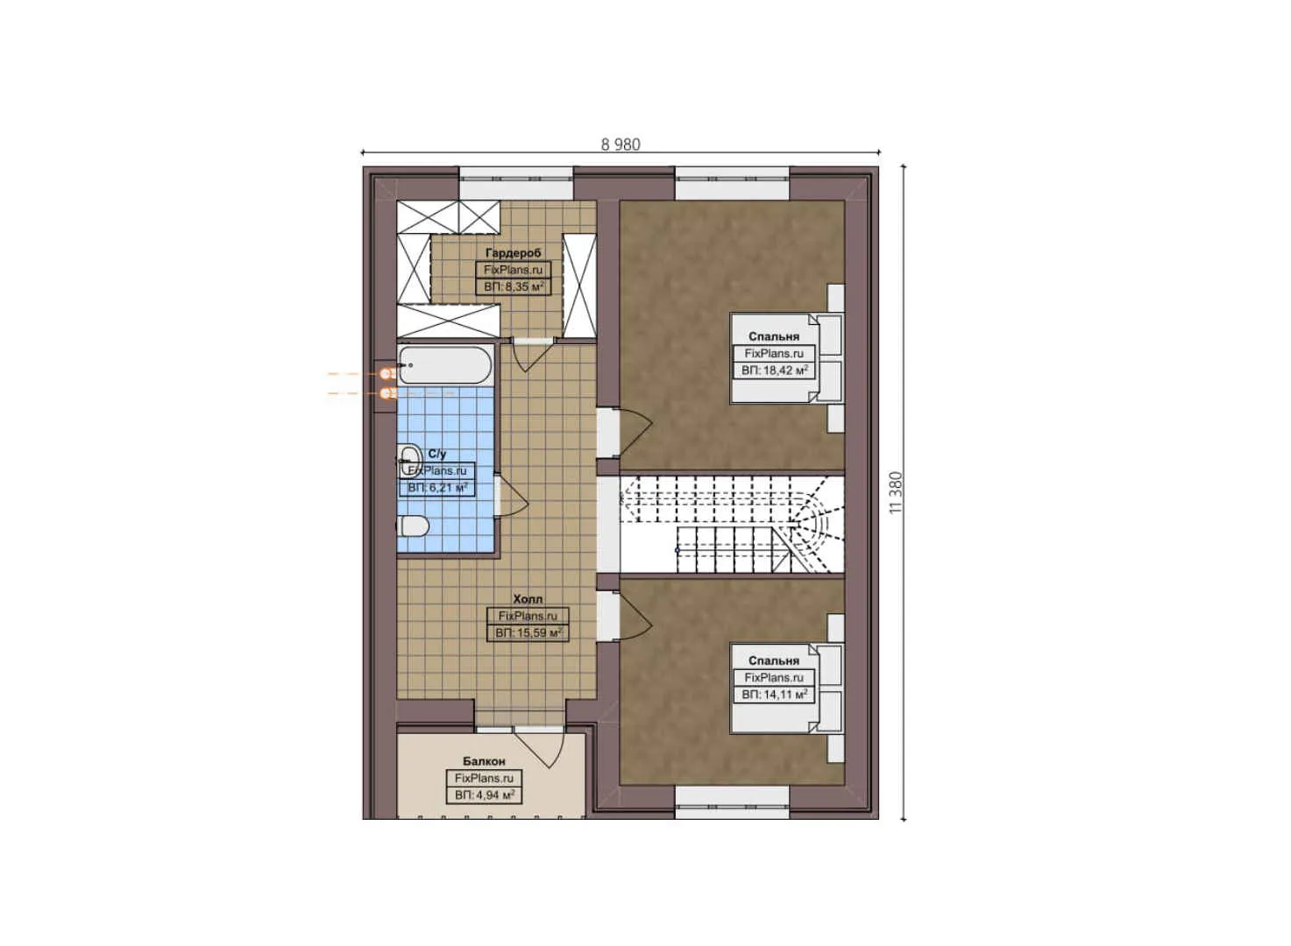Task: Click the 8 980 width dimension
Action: pyautogui.click(x=621, y=145)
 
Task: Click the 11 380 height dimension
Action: pyautogui.click(x=895, y=492)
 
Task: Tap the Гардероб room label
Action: pyautogui.click(x=514, y=253)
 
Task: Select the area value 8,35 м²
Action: pyautogui.click(x=514, y=286)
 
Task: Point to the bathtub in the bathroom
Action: pyautogui.click(x=444, y=364)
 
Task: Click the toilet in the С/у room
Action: pyautogui.click(x=413, y=526)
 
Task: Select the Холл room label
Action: pyautogui.click(x=528, y=599)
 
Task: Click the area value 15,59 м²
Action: pyautogui.click(x=528, y=632)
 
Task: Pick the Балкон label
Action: pyautogui.click(x=484, y=761)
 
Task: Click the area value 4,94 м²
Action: pyautogui.click(x=484, y=795)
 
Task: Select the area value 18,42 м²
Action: pyautogui.click(x=774, y=371)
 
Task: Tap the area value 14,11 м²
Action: pyautogui.click(x=774, y=695)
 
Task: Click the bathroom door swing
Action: pyautogui.click(x=511, y=497)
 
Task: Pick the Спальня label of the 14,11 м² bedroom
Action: pyautogui.click(x=774, y=661)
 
